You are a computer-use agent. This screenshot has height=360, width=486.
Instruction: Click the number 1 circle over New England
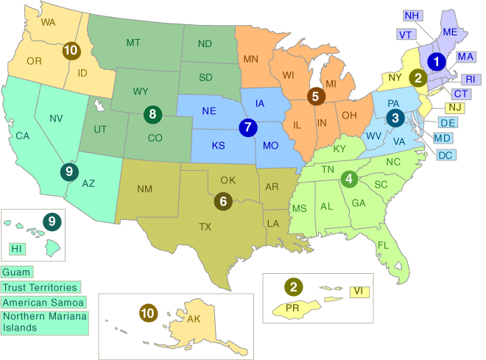click(x=437, y=63)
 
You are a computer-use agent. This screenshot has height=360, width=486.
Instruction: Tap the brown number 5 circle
click(x=315, y=95)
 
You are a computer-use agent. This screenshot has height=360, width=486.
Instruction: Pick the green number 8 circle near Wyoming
click(x=152, y=114)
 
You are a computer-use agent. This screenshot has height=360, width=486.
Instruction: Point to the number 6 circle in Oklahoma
click(x=222, y=200)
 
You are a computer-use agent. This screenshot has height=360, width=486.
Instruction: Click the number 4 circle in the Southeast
click(x=349, y=178)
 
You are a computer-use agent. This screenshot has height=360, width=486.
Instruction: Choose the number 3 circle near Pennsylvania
click(x=395, y=116)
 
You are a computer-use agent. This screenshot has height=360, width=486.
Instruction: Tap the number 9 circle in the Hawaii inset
click(x=52, y=219)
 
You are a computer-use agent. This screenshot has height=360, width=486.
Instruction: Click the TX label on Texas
click(x=205, y=227)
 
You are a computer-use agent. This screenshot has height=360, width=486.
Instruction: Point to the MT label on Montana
click(x=133, y=43)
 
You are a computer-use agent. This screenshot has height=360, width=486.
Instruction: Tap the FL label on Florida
click(x=382, y=244)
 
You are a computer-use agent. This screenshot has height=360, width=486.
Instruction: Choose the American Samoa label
click(x=43, y=302)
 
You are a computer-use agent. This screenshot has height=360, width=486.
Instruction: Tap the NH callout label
click(x=412, y=15)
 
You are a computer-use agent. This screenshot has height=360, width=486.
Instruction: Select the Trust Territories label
click(x=40, y=287)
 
